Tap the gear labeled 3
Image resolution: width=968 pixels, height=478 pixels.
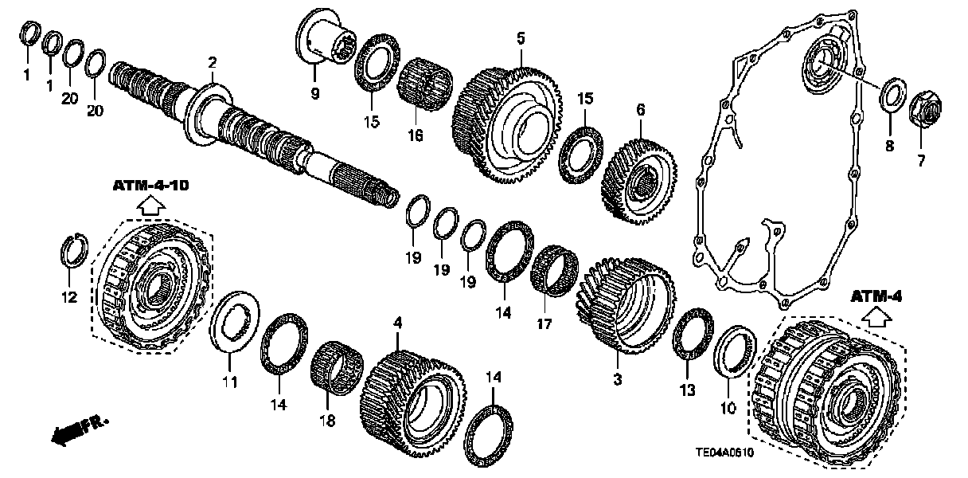click(x=624, y=307)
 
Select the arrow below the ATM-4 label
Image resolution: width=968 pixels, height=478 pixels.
click(x=876, y=318)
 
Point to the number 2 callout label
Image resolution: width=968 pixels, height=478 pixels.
click(x=212, y=62)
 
